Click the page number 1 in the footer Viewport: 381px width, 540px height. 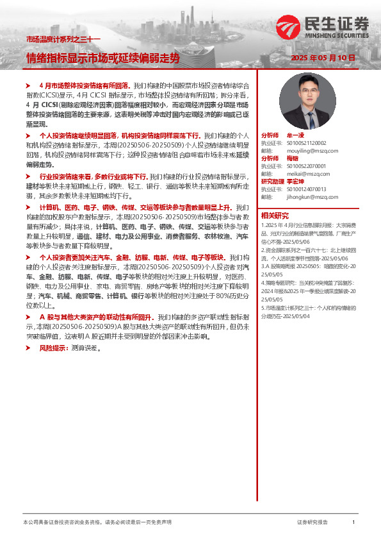(353, 523)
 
